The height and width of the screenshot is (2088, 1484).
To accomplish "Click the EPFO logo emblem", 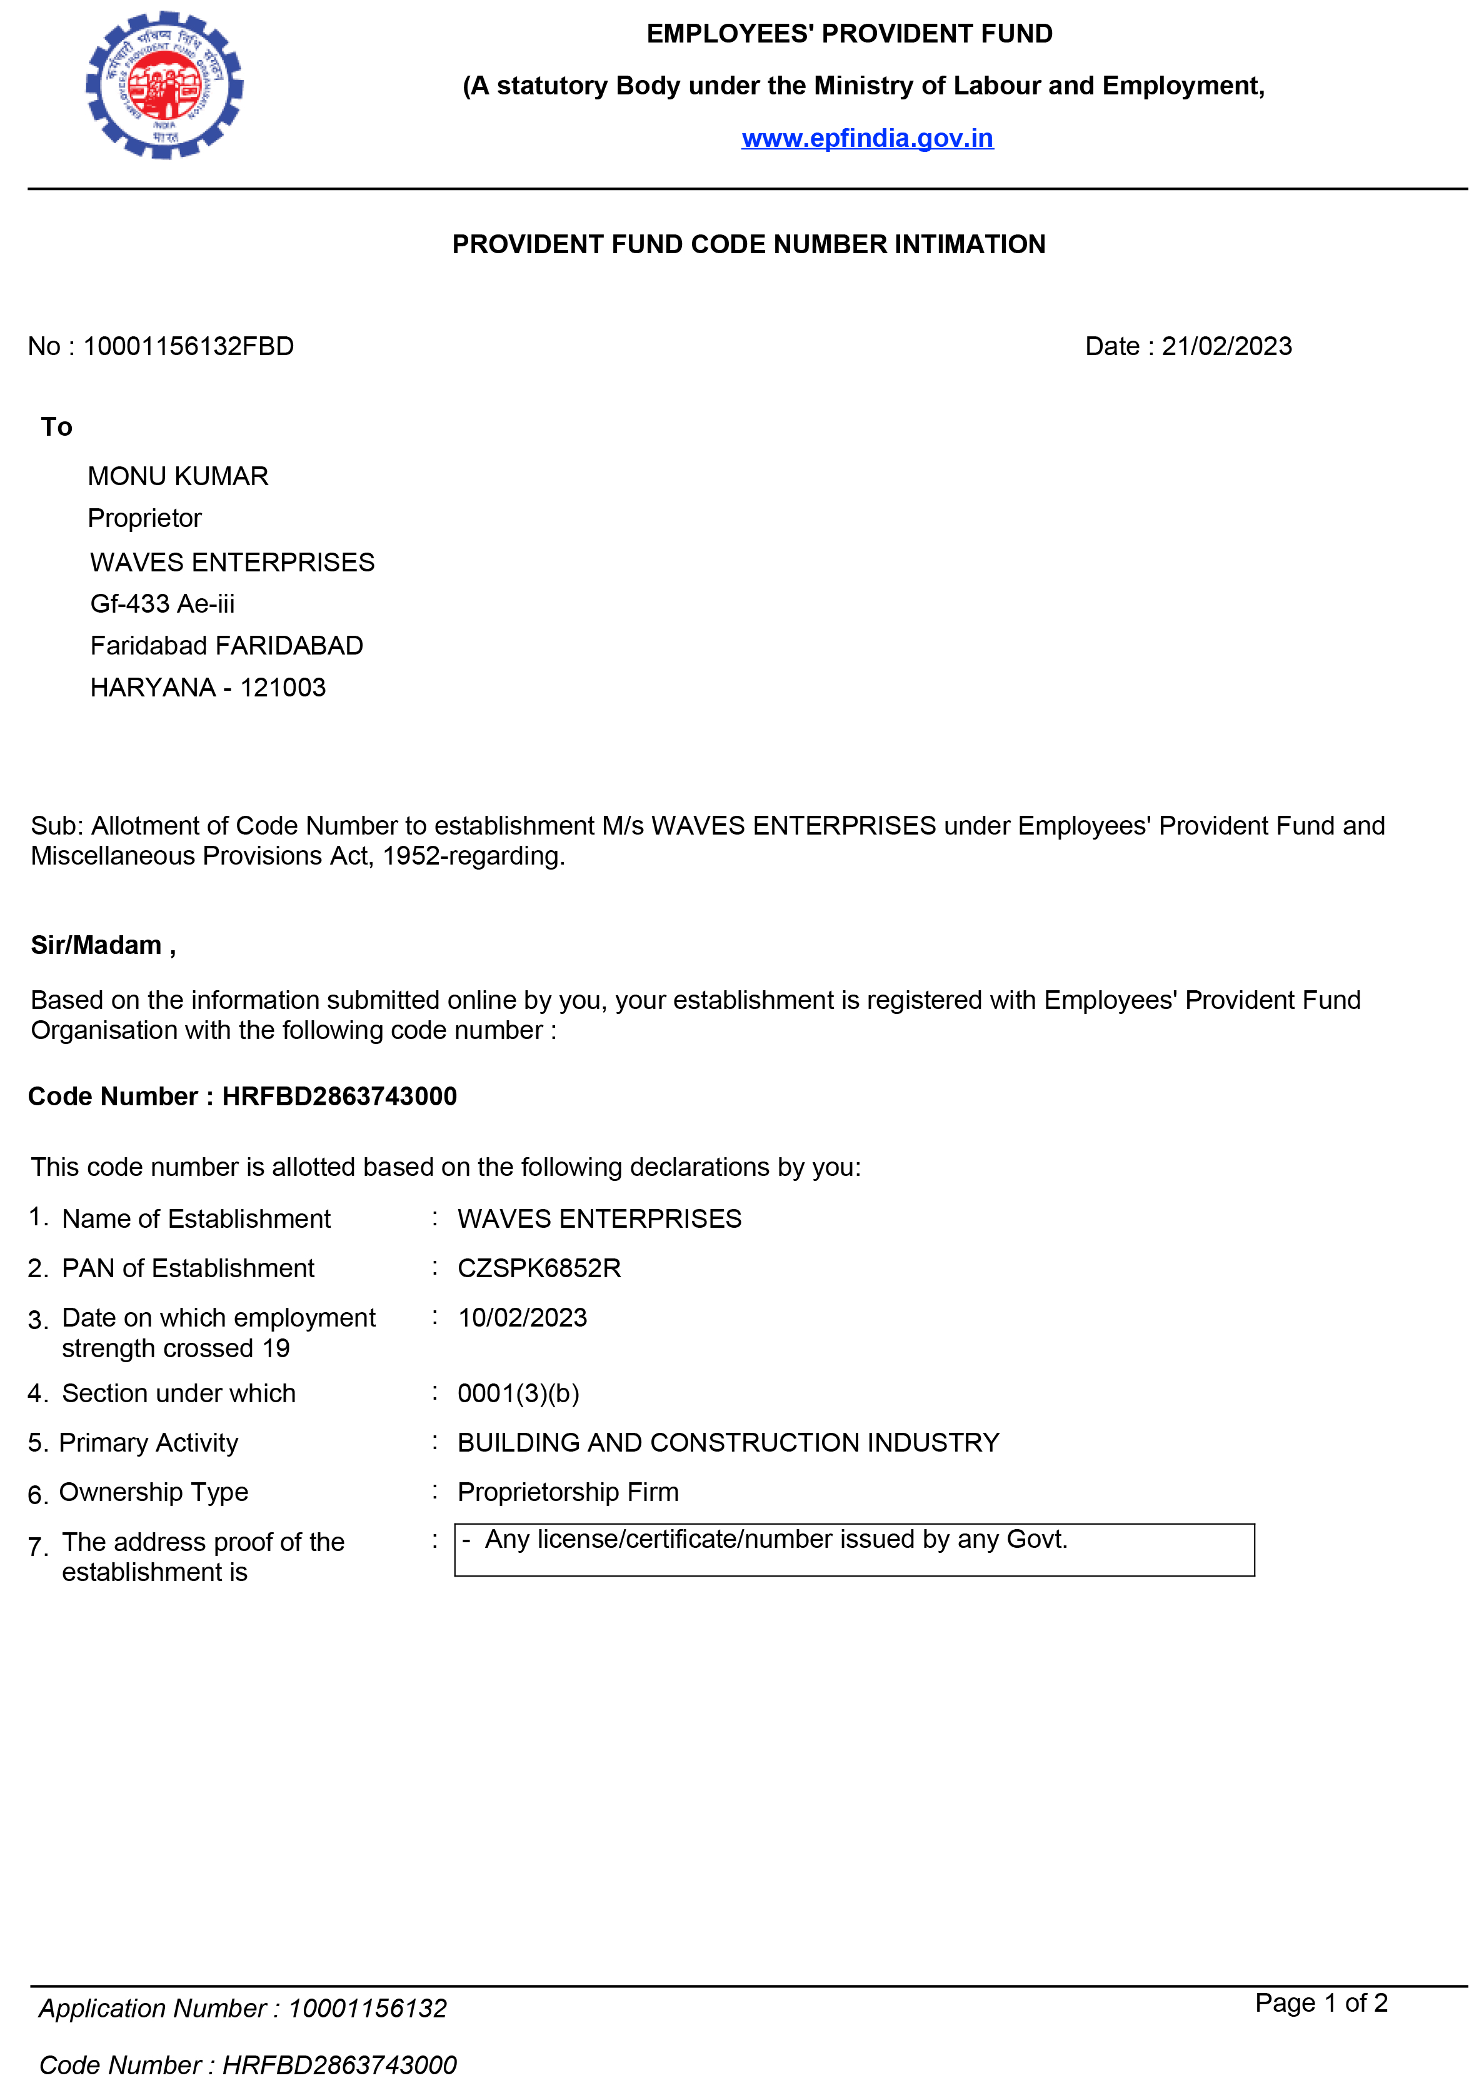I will pos(164,85).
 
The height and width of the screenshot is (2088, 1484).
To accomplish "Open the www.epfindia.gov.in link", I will pos(866,138).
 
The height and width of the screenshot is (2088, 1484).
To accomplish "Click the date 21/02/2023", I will pos(1226,346).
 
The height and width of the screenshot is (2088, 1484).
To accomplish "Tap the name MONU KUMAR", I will pos(178,476).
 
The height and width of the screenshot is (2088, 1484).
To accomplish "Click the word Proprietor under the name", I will pos(144,518).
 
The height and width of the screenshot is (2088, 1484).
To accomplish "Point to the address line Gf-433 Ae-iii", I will pos(163,603).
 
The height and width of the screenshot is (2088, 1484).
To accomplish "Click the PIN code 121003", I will pos(283,687).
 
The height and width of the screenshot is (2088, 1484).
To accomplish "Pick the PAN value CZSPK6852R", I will pos(539,1268).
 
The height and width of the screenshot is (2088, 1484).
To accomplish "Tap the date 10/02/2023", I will pos(522,1318).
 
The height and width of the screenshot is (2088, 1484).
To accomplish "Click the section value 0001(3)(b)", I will pos(518,1393).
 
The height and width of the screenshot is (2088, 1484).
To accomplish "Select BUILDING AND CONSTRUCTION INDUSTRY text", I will pos(728,1442).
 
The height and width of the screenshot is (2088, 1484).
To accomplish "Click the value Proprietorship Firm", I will pos(568,1492).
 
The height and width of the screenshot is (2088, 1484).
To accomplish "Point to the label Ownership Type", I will pos(154,1492).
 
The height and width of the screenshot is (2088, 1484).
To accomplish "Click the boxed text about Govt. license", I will pos(776,1540).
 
